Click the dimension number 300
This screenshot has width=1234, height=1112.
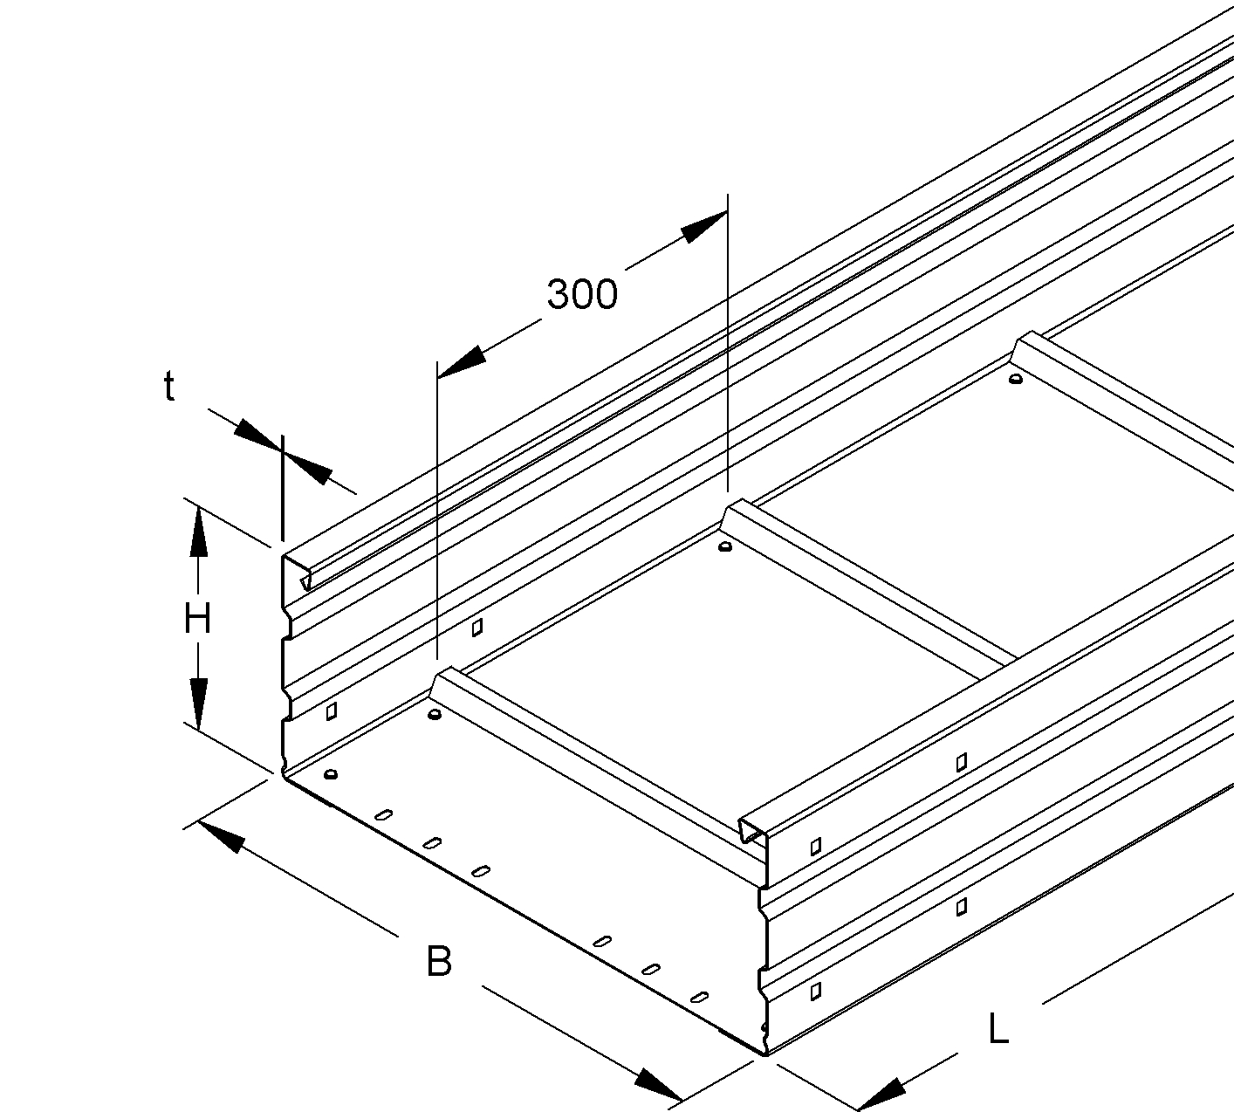tap(582, 294)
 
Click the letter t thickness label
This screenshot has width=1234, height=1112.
tap(169, 388)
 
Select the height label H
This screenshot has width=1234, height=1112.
tap(197, 619)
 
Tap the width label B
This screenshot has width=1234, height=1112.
tap(439, 962)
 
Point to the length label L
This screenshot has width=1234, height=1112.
tap(998, 1028)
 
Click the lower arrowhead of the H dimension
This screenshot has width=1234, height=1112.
tap(198, 704)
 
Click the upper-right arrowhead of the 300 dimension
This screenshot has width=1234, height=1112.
tap(704, 226)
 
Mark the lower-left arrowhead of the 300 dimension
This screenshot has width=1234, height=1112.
tap(461, 363)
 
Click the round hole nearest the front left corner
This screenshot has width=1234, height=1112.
tap(331, 773)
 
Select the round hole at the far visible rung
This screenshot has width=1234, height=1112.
tap(1016, 379)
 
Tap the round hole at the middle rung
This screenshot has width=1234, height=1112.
tap(725, 546)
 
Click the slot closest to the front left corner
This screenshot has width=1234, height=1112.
tap(383, 815)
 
